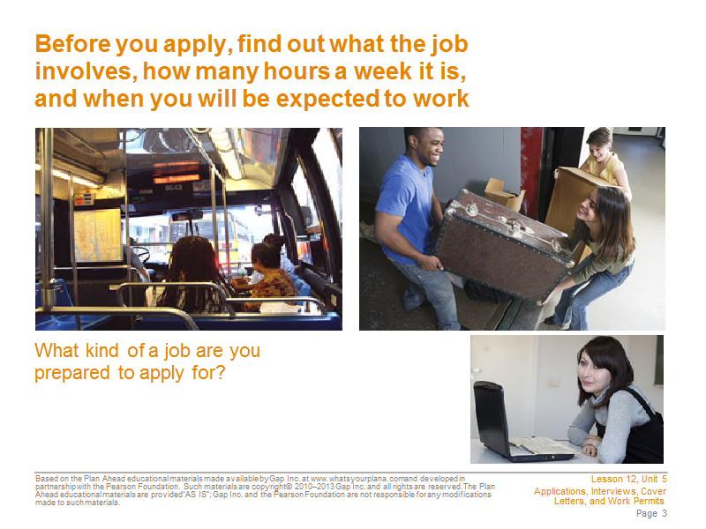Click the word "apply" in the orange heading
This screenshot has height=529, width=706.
coord(197,46)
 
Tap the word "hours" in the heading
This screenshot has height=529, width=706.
coord(297,71)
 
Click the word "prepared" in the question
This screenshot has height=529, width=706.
coord(72,373)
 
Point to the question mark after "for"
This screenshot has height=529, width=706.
coord(220,372)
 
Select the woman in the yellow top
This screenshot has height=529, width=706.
coord(604,158)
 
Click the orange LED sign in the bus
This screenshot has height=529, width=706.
coord(176,172)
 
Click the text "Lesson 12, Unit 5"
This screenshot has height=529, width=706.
coord(628,480)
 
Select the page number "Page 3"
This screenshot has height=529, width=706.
coord(651,513)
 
